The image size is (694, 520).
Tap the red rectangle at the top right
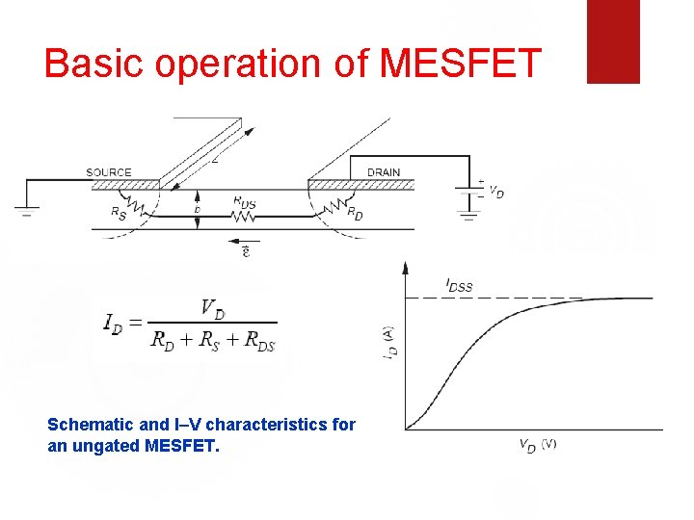[613, 41]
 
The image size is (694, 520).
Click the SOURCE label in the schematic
[109, 172]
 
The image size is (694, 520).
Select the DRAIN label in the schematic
[383, 172]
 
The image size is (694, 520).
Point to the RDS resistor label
[245, 202]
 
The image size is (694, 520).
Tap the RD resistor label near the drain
[355, 212]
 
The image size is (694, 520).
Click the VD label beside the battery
[496, 192]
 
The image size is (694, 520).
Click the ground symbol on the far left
[25, 210]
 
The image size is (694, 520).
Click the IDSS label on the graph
[459, 284]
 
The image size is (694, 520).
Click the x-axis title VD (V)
[538, 445]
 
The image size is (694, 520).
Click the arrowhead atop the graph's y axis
[406, 266]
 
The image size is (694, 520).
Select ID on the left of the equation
[114, 323]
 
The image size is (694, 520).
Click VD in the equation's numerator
[213, 308]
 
